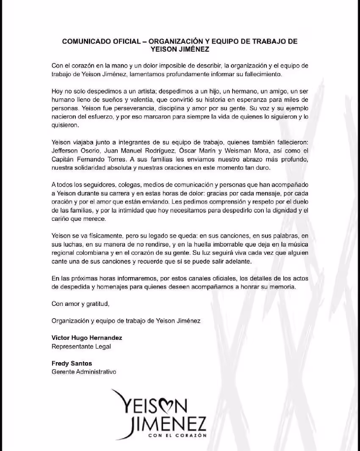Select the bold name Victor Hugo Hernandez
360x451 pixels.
(x=87, y=338)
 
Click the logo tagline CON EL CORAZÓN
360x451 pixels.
(x=177, y=435)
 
